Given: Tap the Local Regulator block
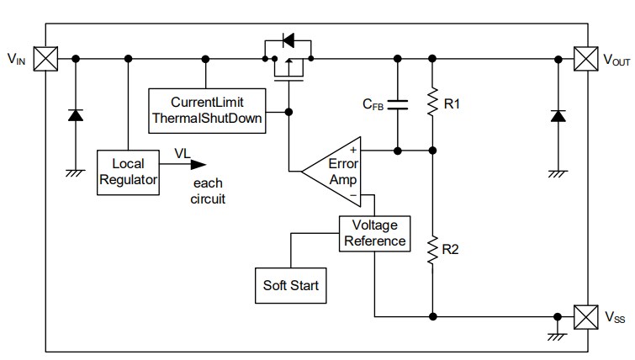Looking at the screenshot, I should [x=128, y=172].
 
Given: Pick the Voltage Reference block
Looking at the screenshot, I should [x=374, y=233].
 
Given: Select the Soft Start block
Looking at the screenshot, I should [x=290, y=284].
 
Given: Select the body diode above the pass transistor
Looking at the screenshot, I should [x=287, y=40].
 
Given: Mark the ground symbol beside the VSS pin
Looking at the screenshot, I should [x=556, y=334].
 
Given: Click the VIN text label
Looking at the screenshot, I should [x=16, y=59].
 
